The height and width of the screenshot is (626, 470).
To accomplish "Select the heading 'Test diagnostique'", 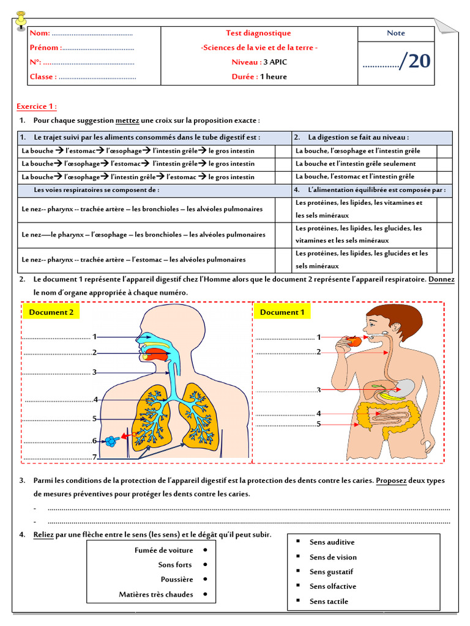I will click(259, 33).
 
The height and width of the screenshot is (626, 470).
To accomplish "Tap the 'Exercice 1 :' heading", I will click(37, 106).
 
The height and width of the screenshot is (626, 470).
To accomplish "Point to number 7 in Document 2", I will click(94, 457).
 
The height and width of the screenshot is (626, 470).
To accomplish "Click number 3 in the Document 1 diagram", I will click(318, 389).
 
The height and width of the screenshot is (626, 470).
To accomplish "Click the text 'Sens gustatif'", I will click(331, 572).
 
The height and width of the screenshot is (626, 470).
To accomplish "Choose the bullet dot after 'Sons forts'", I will click(205, 565).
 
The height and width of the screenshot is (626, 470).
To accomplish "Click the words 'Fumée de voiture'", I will click(163, 550).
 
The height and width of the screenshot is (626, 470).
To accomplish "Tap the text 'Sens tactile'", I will click(329, 602).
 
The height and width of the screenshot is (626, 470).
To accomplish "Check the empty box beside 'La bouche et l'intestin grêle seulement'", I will click(445, 164).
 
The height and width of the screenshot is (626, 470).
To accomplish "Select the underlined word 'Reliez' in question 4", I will click(44, 535).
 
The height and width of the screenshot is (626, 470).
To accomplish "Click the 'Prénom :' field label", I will click(45, 48).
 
